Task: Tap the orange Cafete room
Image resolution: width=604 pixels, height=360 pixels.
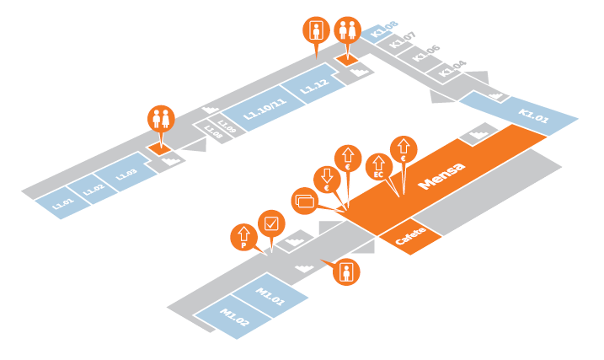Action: (x=411, y=238)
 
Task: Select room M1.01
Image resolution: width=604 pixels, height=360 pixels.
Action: (x=272, y=295)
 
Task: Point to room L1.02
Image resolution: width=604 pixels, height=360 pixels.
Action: (x=94, y=188)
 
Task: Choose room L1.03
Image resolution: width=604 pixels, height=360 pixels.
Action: (x=126, y=174)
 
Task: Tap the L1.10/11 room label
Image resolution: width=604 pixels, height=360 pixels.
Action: (x=265, y=109)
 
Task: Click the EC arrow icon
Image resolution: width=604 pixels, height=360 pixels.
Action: (x=378, y=164)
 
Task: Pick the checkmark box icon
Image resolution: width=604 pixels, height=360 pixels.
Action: (x=271, y=223)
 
